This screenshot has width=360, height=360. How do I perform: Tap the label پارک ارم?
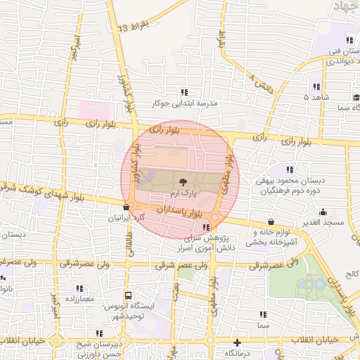[x=184, y=191]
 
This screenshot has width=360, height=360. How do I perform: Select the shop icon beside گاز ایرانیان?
[x=126, y=207]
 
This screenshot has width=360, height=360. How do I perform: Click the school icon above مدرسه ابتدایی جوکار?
[x=184, y=92]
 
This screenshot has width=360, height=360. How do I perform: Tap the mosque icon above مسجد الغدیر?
[x=323, y=212]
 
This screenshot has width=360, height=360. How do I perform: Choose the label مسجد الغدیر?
[x=323, y=222]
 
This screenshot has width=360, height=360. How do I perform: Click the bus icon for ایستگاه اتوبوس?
[x=128, y=296]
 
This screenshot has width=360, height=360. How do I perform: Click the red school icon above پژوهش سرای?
[x=206, y=227]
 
